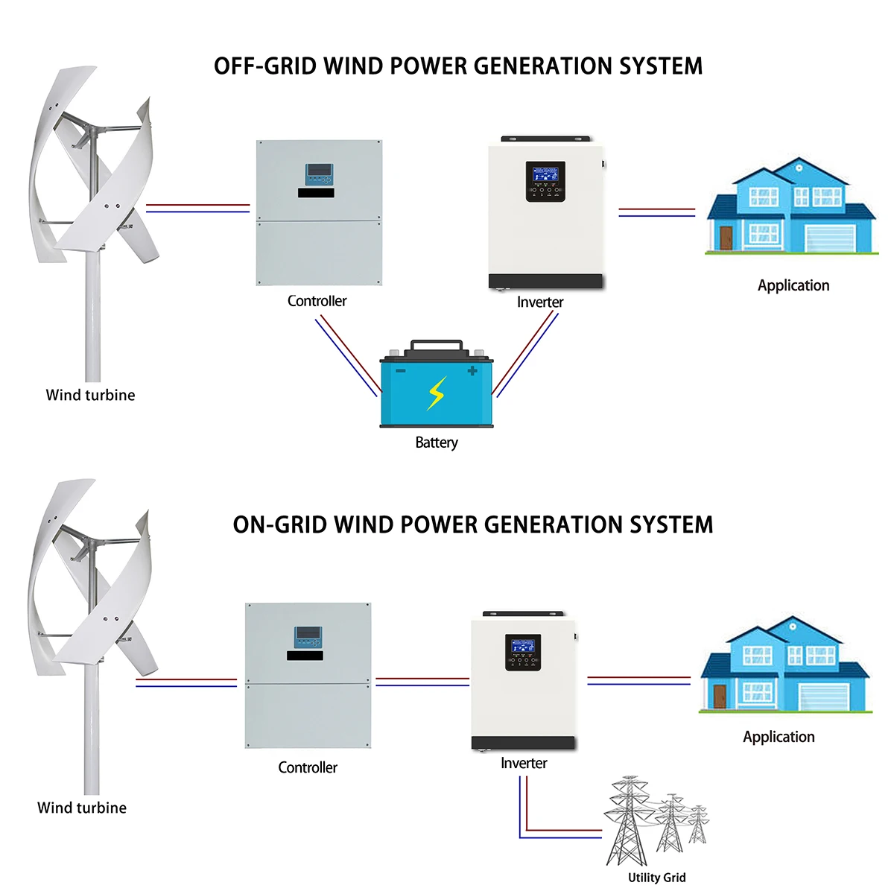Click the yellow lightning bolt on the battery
[436, 393]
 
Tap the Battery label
[437, 443]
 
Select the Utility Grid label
[656, 878]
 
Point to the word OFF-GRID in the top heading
[264, 66]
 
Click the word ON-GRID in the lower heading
[279, 524]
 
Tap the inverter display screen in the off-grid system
[545, 175]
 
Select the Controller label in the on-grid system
[308, 767]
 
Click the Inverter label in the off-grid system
[540, 302]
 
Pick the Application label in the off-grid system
[793, 285]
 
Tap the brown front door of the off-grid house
[726, 238]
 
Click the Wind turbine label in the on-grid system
[82, 808]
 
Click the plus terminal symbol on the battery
[472, 370]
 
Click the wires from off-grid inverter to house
[656, 212]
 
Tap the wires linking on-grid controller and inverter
[422, 682]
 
